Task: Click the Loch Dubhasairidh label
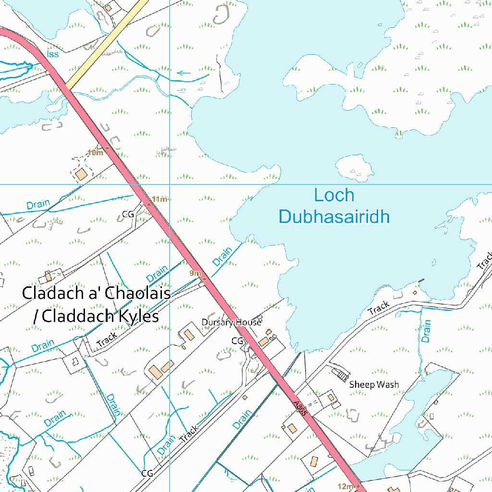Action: tap(334, 206)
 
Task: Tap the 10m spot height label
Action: tap(96, 153)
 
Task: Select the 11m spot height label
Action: tap(160, 199)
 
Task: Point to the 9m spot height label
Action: tap(195, 273)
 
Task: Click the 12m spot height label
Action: tap(345, 486)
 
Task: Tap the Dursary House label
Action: tap(231, 322)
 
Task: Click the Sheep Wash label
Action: tap(374, 384)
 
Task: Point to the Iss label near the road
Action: tap(53, 54)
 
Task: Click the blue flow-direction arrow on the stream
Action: tap(184, 74)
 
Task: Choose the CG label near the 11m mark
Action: tap(128, 214)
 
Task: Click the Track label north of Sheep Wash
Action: tap(379, 308)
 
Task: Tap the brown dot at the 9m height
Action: tap(204, 279)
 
